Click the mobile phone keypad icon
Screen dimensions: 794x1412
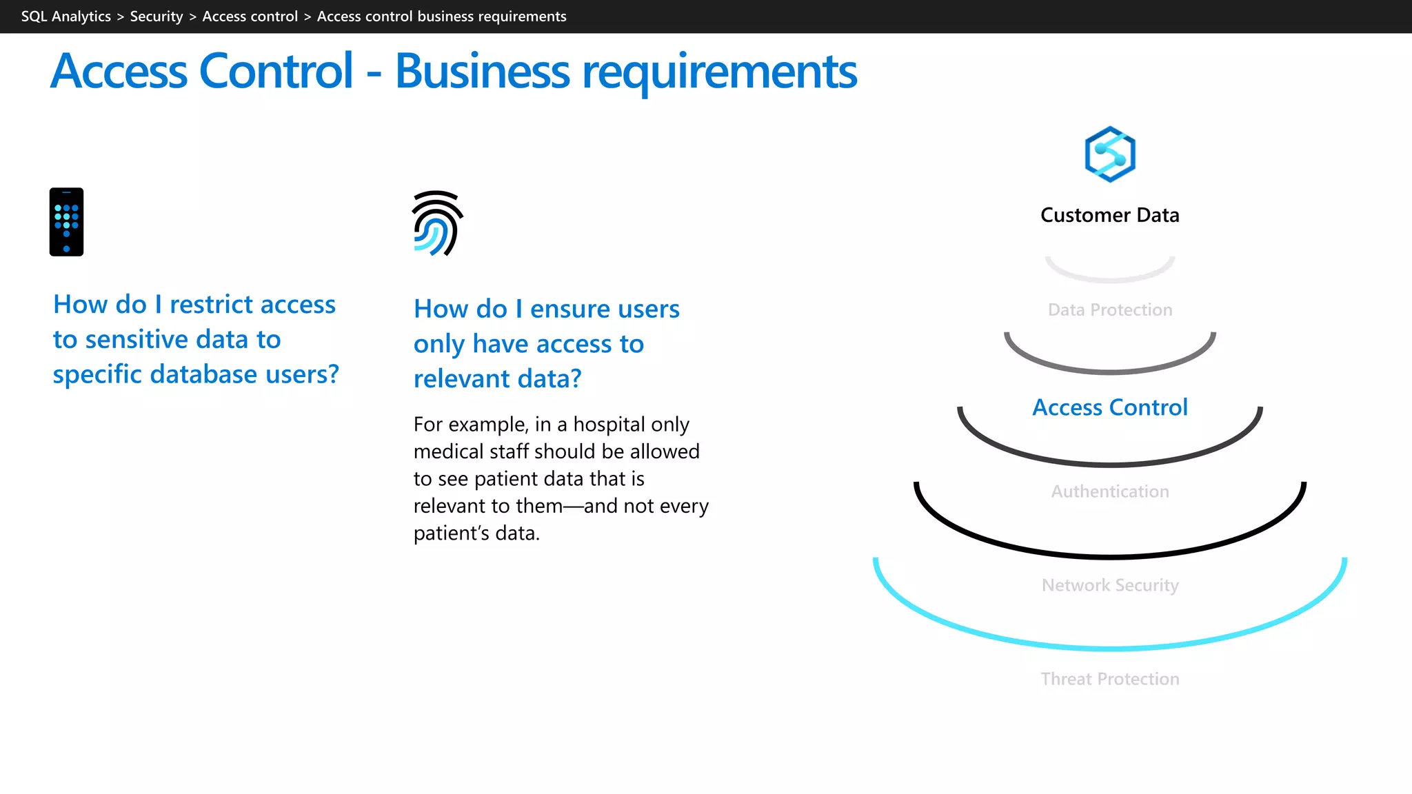[66, 222]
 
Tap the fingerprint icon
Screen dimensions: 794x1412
[437, 223]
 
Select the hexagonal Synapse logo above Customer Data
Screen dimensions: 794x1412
[1109, 154]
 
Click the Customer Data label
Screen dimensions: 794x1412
[1109, 215]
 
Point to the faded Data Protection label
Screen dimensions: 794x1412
[1109, 310]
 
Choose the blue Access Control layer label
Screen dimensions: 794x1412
[1109, 407]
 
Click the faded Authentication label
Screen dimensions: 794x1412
[1109, 491]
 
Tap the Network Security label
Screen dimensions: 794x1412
[1109, 585]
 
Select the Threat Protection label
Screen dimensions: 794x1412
[1109, 679]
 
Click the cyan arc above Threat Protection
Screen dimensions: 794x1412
[1109, 648]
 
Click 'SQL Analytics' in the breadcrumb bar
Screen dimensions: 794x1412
[65, 17]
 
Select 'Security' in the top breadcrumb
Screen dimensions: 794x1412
[157, 17]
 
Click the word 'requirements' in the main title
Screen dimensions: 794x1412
[719, 72]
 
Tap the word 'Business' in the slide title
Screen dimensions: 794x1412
[482, 72]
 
